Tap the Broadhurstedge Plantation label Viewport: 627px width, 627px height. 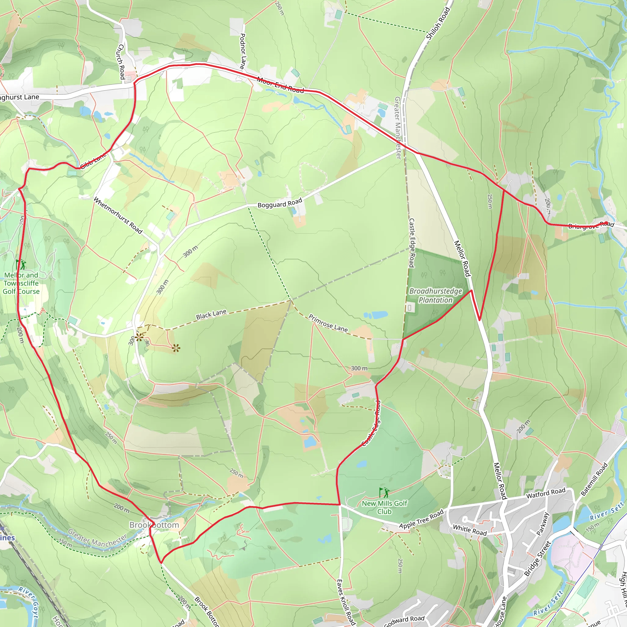pos(436,295)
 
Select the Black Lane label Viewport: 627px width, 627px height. pos(211,314)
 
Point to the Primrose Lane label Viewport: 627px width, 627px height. pos(328,323)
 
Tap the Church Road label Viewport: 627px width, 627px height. pos(121,62)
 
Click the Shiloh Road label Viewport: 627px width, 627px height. pos(438,23)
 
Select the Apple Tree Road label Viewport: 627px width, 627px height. pos(421,519)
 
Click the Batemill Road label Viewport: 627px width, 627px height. pos(594,479)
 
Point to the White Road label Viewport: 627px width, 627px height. pos(470,530)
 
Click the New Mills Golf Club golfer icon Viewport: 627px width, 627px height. pos(385,493)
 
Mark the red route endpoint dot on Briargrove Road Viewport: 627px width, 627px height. pos(606,223)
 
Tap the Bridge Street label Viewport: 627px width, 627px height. pos(537,558)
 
